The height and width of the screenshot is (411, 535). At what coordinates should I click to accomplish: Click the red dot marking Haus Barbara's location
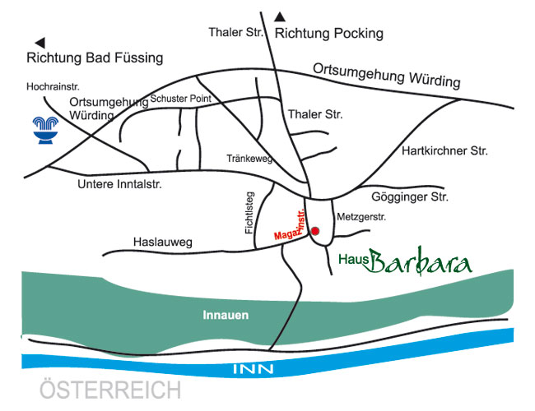click(315, 232)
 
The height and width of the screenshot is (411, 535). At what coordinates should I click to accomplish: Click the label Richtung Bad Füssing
click(95, 58)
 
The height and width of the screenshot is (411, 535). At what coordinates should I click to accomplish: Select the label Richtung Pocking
click(329, 34)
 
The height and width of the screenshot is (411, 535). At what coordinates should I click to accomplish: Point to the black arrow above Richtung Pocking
click(281, 16)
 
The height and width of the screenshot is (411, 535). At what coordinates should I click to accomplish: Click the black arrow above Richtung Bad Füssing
click(39, 41)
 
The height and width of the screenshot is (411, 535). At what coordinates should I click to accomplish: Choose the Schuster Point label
click(180, 99)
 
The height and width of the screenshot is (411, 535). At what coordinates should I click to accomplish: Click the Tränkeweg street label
click(249, 158)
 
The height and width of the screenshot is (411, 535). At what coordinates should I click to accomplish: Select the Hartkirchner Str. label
click(444, 151)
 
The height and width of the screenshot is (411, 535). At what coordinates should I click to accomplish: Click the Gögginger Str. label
click(409, 197)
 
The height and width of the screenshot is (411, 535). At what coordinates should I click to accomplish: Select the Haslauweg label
click(162, 242)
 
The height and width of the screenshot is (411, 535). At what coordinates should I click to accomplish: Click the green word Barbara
click(420, 262)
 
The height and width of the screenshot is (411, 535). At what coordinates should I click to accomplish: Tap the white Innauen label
click(226, 315)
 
